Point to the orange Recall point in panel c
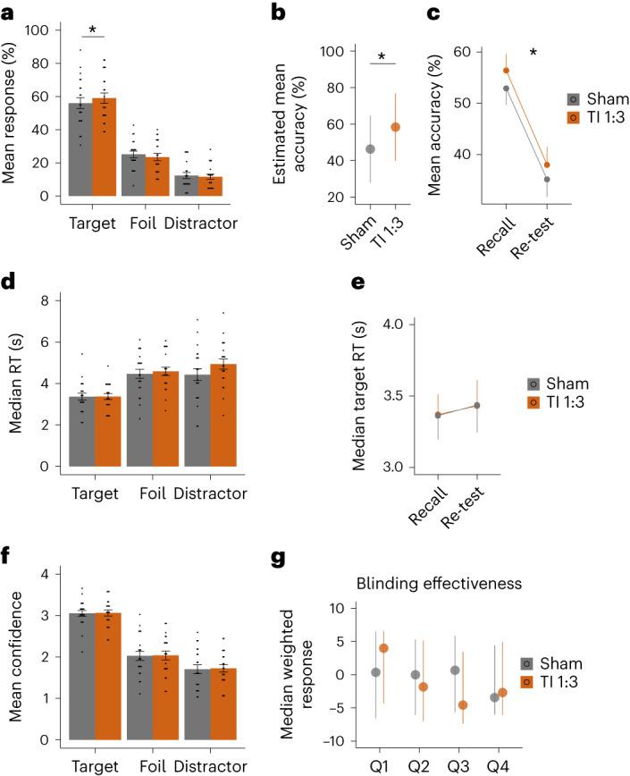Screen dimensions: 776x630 click(505, 70)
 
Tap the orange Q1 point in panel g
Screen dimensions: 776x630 click(384, 648)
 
